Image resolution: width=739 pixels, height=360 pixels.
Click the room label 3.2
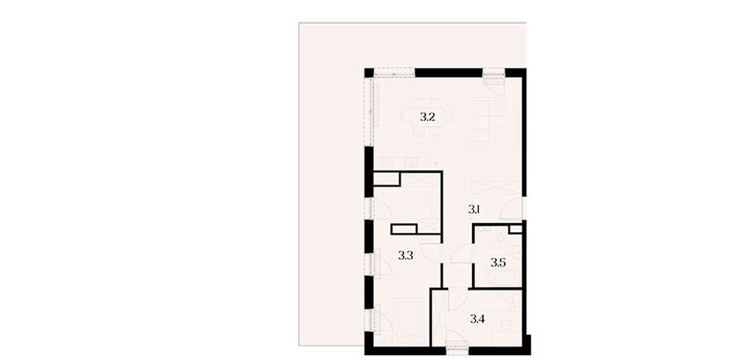(x=427, y=118)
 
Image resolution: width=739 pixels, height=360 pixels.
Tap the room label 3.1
(x=474, y=210)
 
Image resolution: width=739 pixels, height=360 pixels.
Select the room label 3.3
(x=405, y=256)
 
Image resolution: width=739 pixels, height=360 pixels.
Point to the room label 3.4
(x=478, y=319)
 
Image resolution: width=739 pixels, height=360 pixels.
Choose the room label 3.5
(x=497, y=263)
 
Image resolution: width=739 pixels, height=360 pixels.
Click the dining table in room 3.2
(x=427, y=117)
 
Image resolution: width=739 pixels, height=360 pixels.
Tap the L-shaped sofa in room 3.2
(x=486, y=120)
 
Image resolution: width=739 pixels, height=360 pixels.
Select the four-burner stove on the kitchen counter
(x=389, y=162)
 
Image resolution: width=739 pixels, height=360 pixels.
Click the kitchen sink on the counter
(x=409, y=162)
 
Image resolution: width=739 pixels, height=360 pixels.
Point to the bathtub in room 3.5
(x=497, y=278)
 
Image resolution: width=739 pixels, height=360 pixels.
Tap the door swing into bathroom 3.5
(x=461, y=256)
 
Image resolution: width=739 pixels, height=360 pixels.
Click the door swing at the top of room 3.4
(x=457, y=300)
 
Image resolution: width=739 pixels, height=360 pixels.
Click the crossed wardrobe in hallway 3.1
(x=497, y=186)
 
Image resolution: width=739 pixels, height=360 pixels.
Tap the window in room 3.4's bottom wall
(x=457, y=348)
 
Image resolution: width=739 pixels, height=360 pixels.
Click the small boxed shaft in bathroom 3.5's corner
(x=516, y=230)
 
